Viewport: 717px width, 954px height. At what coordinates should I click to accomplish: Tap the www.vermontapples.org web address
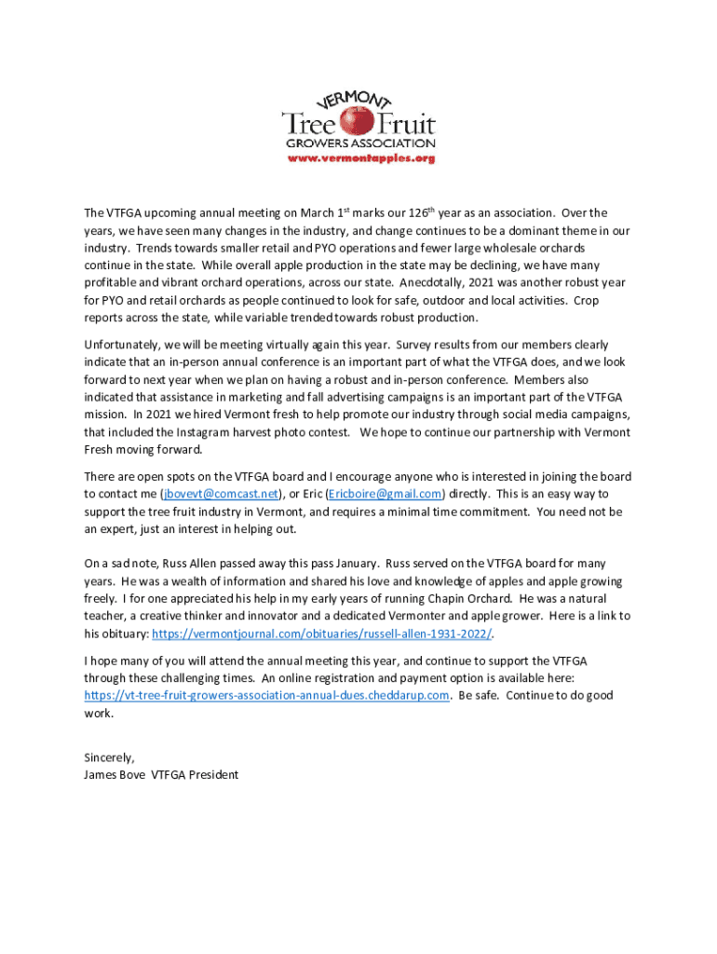pos(358,158)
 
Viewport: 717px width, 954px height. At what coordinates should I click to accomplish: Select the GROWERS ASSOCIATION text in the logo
pos(358,143)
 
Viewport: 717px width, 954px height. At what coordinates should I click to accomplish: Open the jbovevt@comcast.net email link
pos(220,494)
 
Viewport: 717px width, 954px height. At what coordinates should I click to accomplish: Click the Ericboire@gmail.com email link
pos(384,494)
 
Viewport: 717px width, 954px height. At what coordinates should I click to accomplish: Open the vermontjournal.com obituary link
pos(321,634)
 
